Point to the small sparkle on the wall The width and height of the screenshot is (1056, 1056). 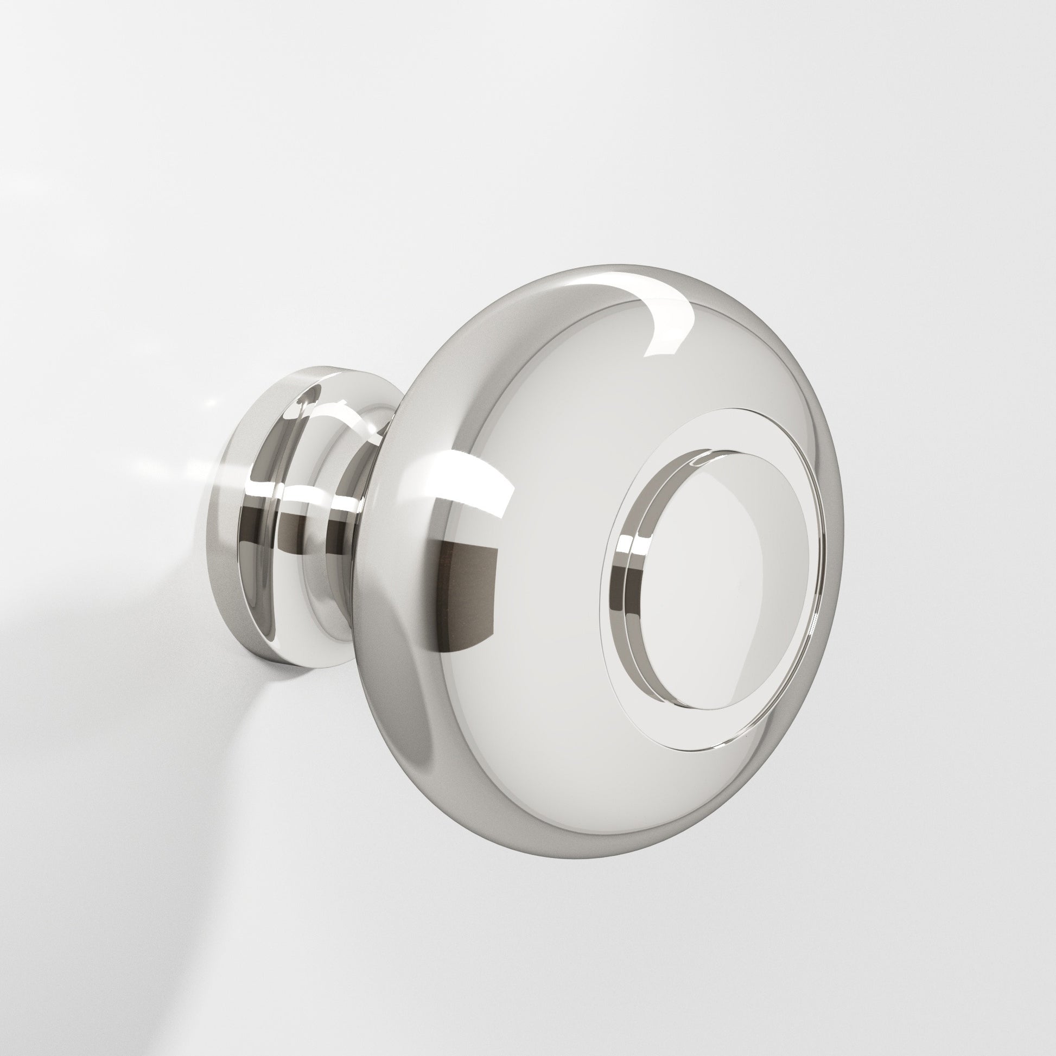tap(211, 404)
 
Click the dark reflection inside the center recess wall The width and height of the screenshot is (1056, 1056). tap(628, 585)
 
